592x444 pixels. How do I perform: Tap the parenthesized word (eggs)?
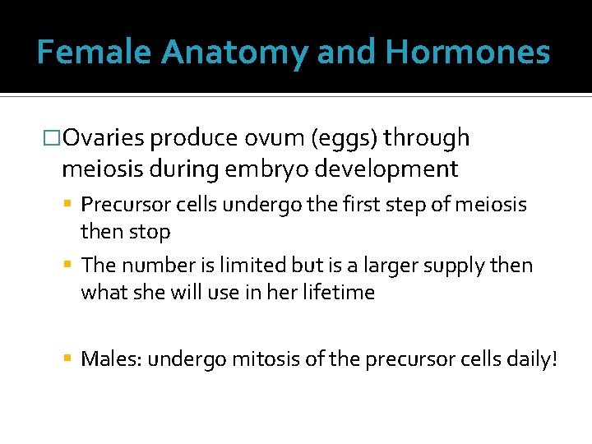click(348, 139)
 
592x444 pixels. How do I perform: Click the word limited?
click(254, 266)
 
